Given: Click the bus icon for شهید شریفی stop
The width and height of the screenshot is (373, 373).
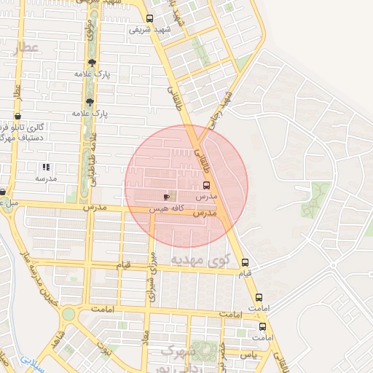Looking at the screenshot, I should [x=149, y=19].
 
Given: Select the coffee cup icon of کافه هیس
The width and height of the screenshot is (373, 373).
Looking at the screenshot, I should [x=167, y=197].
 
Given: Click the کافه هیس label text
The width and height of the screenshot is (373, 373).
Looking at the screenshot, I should [x=165, y=208].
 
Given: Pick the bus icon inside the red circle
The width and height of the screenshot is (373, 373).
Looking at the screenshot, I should [x=205, y=186].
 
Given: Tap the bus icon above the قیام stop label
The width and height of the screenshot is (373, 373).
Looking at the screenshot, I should [x=245, y=262].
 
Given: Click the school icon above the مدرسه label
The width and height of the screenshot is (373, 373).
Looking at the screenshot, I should [x=46, y=168].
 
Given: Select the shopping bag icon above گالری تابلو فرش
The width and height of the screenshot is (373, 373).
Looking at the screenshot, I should [x=17, y=116].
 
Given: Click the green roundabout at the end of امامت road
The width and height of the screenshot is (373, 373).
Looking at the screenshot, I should [x=68, y=314].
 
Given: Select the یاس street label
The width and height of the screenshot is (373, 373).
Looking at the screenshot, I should [x=250, y=353].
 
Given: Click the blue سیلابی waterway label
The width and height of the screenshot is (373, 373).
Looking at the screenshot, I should [x=32, y=359].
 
